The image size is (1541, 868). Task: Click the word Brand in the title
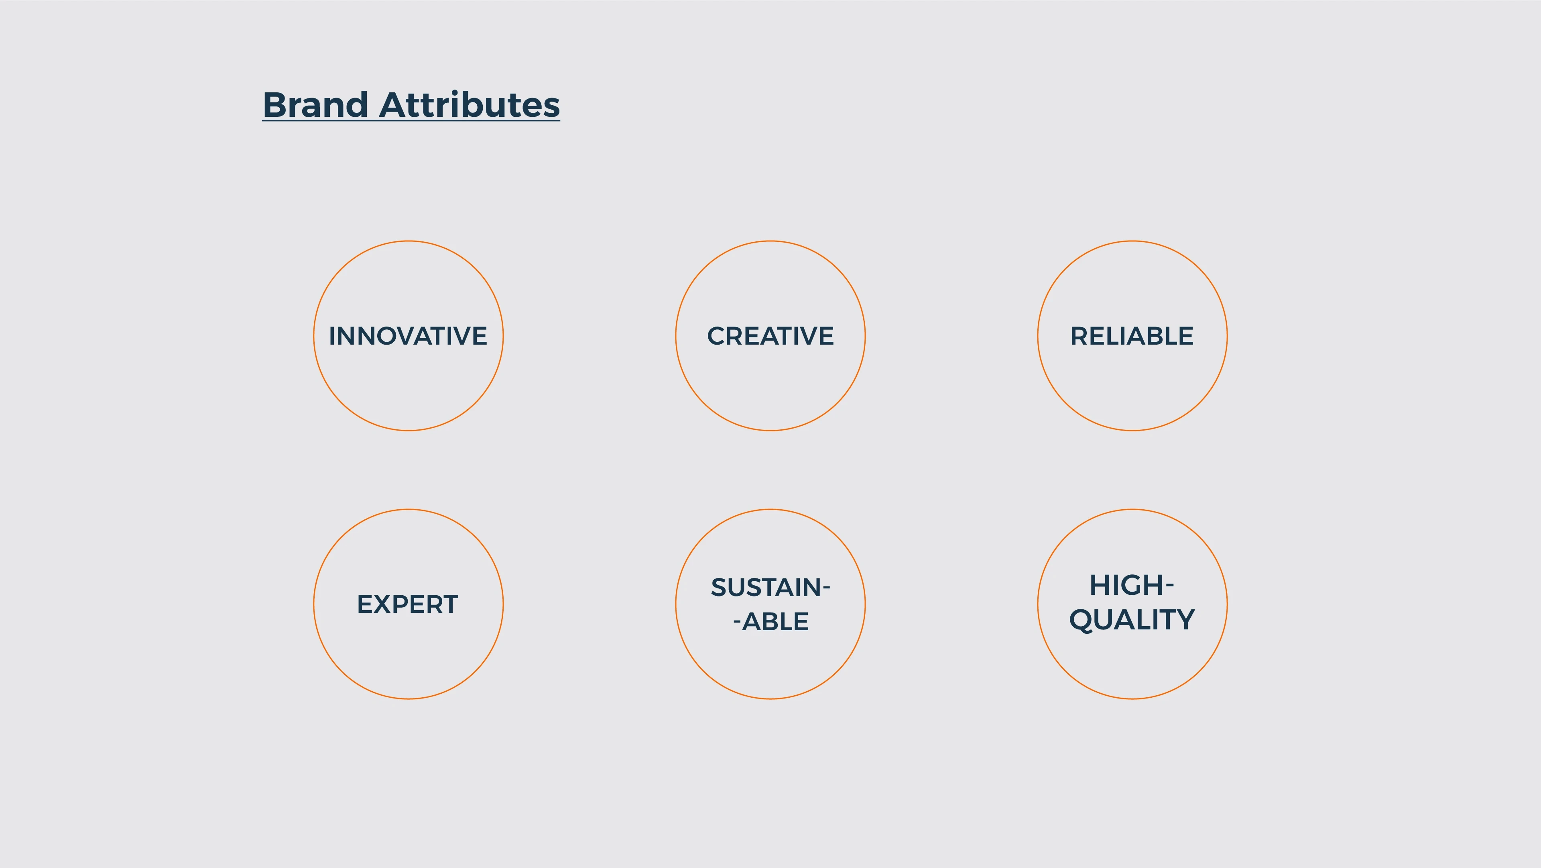(x=315, y=105)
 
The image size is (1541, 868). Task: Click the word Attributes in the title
(x=470, y=105)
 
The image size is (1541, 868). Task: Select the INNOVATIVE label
(x=408, y=336)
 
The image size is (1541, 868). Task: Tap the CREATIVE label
(x=770, y=336)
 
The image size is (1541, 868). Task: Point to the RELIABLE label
(x=1132, y=336)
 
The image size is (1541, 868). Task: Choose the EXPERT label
(x=407, y=604)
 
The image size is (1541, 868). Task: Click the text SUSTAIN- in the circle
(x=770, y=587)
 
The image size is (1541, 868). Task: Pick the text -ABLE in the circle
(x=770, y=621)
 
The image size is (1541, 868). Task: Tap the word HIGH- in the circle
(x=1132, y=585)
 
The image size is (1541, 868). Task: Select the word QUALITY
(x=1132, y=620)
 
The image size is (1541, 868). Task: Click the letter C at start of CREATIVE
(x=717, y=336)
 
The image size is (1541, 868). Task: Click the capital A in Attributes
(x=393, y=105)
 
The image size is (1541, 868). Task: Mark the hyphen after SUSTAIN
(x=827, y=588)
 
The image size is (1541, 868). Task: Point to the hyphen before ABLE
(x=737, y=623)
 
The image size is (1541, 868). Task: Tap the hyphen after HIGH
(x=1170, y=586)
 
